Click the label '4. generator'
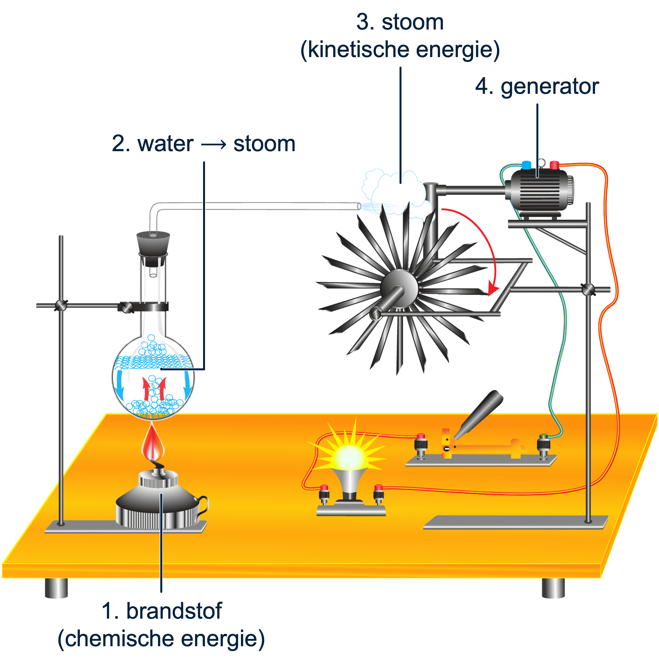537,87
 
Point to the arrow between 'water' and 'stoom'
213,144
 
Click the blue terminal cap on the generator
526,165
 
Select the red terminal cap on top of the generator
554,165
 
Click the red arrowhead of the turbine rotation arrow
493,290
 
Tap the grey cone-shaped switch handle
481,414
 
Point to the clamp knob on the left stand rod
61,305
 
